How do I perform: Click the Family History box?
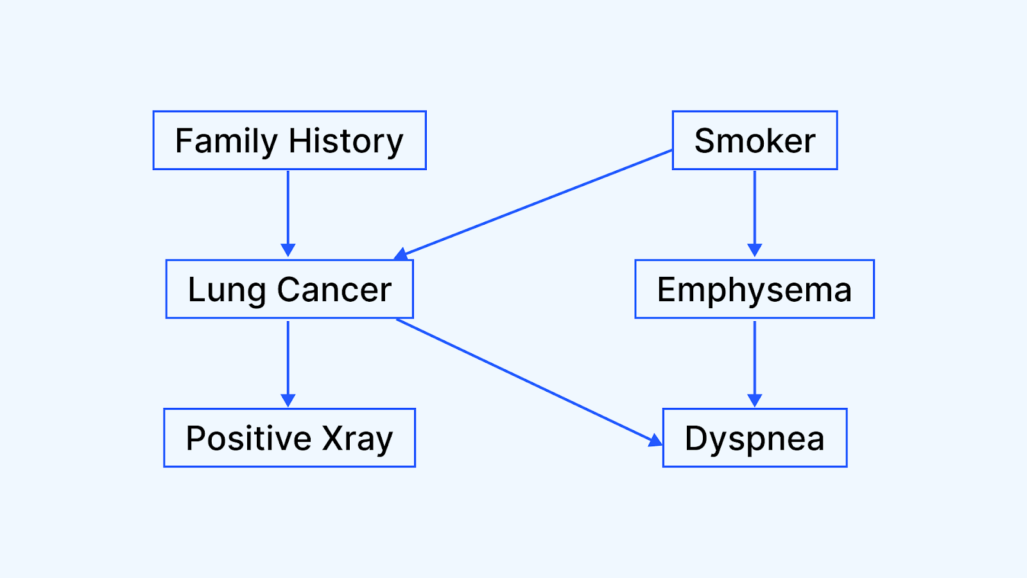click(289, 141)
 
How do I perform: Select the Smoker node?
click(755, 141)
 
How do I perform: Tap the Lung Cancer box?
click(289, 289)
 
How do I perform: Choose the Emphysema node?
click(755, 289)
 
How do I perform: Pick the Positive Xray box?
click(289, 437)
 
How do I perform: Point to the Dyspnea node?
click(755, 437)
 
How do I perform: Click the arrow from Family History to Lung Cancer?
click(288, 214)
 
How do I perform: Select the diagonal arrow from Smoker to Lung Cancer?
click(533, 205)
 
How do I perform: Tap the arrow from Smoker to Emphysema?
click(755, 214)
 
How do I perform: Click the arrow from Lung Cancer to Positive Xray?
click(288, 363)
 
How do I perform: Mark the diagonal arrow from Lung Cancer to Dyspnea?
click(530, 383)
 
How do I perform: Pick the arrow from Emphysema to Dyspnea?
click(755, 363)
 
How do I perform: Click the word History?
click(346, 141)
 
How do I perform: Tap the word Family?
click(227, 142)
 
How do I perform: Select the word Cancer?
click(334, 290)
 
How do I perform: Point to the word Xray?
click(357, 439)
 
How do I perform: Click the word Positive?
click(248, 439)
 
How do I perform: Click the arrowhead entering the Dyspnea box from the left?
click(655, 441)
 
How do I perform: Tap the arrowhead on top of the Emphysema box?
click(755, 250)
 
